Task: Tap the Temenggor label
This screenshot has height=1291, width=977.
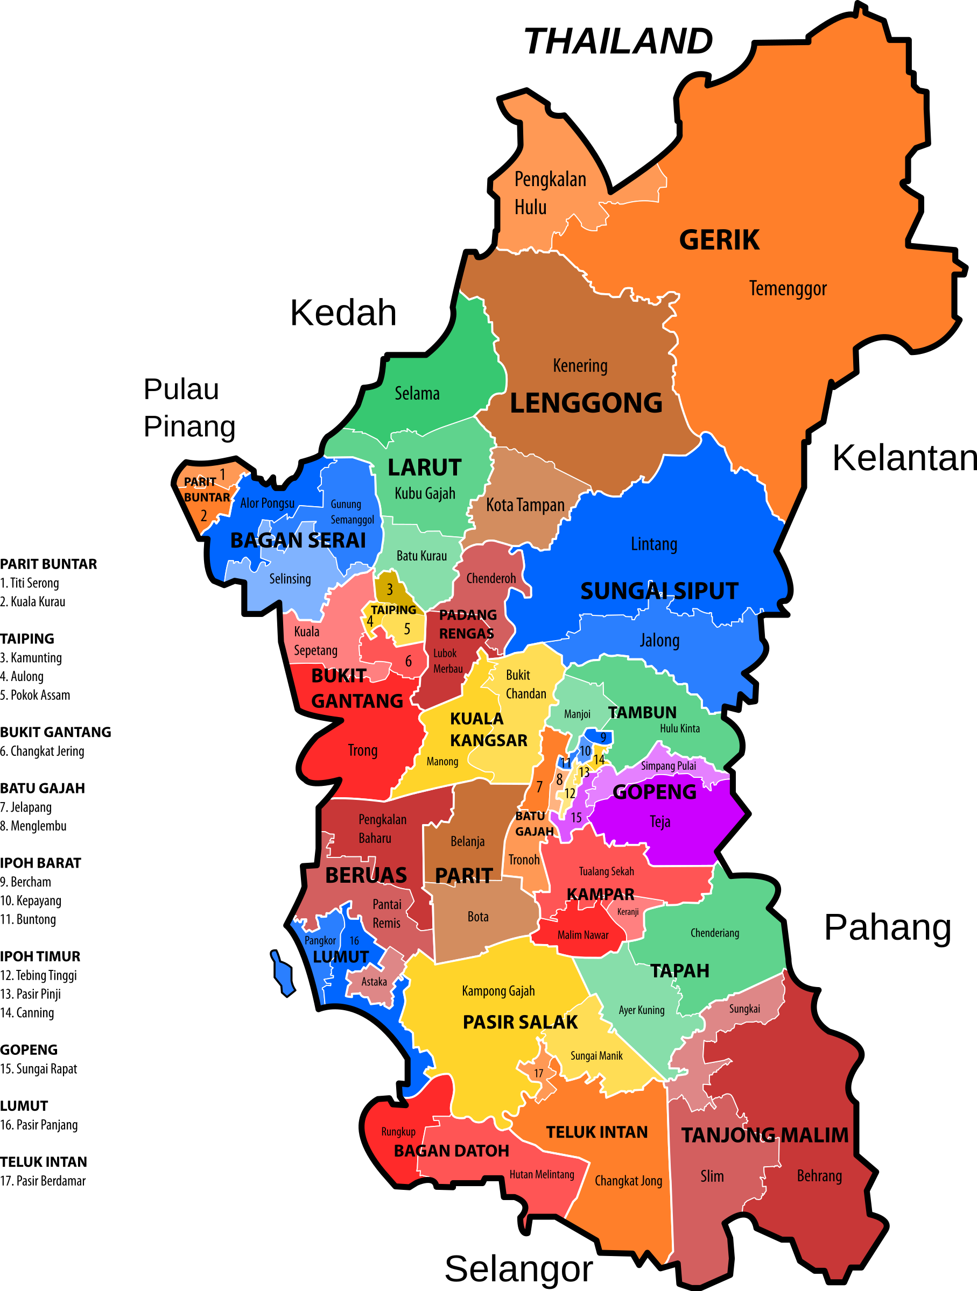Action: point(788,288)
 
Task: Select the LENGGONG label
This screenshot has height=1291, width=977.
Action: point(586,403)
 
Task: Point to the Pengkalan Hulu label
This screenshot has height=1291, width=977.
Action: point(550,193)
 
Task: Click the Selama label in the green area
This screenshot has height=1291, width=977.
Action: point(417,393)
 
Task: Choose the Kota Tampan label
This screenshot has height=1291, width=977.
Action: point(525,505)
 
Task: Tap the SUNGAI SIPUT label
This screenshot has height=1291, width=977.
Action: point(659,591)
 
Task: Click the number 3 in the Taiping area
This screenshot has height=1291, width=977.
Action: point(390,590)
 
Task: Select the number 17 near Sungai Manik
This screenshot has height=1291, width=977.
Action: point(538,1073)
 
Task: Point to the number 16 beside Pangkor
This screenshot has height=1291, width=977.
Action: point(354,941)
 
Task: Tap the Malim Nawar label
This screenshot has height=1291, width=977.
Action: point(582,935)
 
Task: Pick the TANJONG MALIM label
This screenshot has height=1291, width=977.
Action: point(764,1135)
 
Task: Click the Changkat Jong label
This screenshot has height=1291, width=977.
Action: point(628,1181)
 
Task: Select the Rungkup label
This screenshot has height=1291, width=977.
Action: point(398,1132)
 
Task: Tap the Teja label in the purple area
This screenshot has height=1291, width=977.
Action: point(660,822)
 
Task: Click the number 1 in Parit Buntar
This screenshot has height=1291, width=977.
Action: point(222,474)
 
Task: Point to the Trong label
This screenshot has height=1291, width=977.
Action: point(363,750)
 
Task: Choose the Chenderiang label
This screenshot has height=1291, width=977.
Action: point(715,933)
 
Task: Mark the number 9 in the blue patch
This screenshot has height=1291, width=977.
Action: point(603,737)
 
